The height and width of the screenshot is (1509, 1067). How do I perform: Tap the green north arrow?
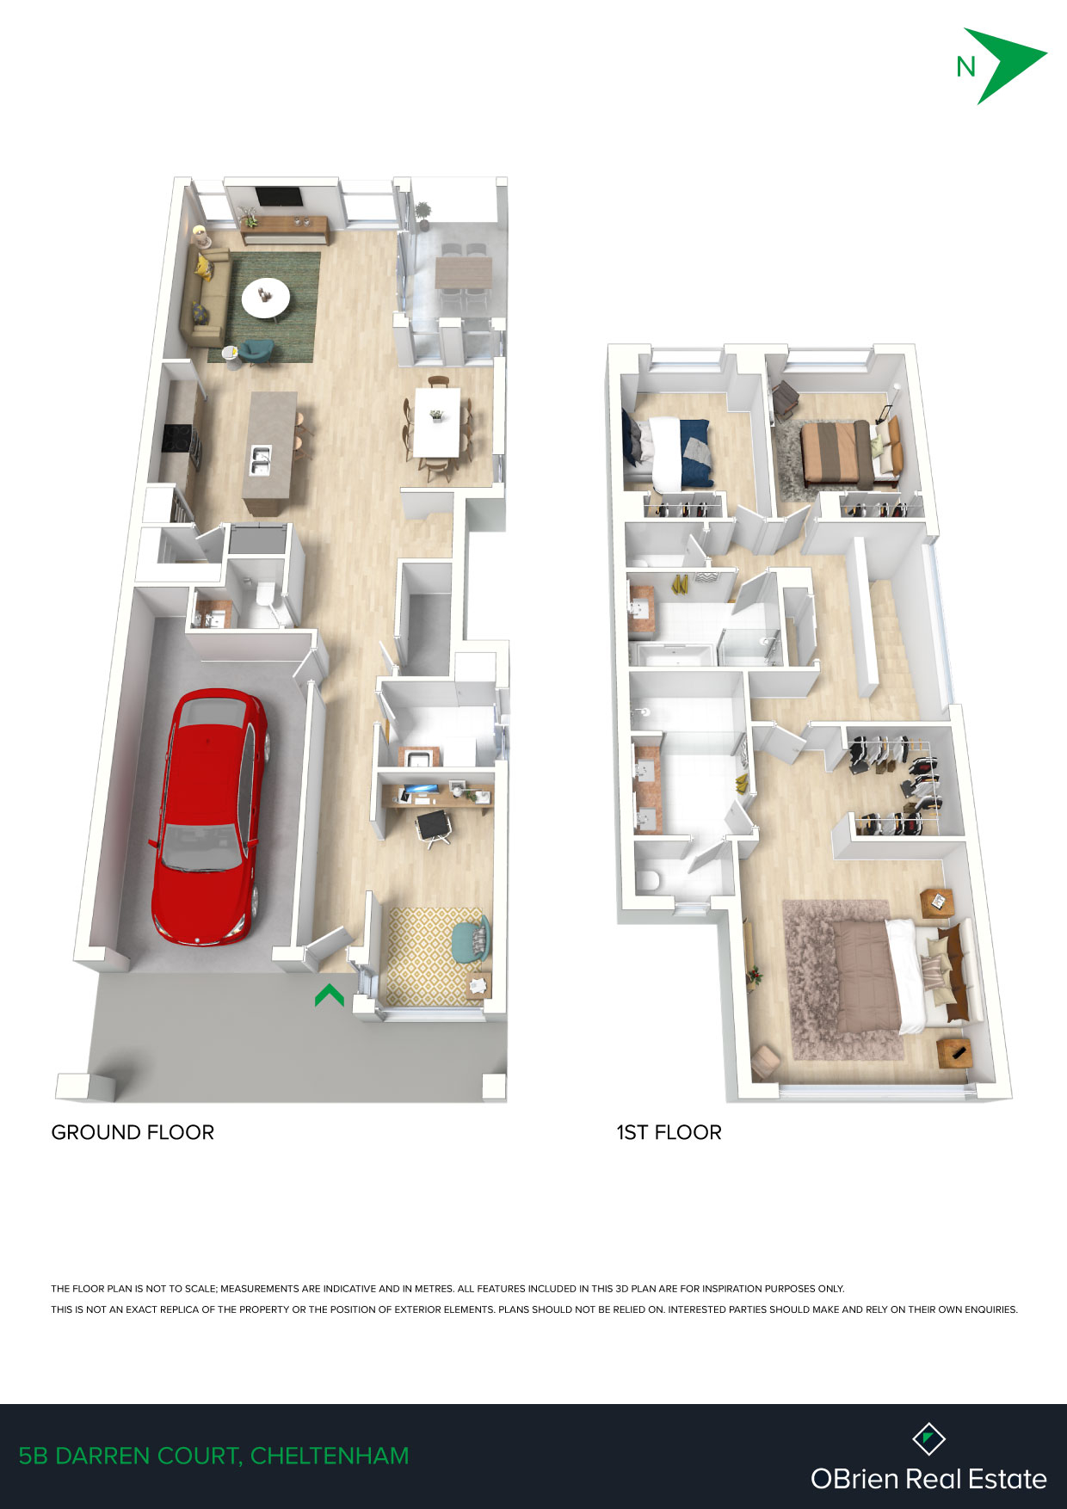(1002, 65)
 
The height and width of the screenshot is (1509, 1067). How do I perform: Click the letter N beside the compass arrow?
(965, 67)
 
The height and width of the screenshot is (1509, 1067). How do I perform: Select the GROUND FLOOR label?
(133, 1132)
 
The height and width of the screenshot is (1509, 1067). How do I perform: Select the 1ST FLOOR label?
(669, 1132)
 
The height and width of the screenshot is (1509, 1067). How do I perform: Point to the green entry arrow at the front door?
(330, 995)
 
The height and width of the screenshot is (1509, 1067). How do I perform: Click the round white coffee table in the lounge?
(266, 298)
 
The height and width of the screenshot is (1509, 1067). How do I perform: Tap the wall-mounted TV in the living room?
(280, 196)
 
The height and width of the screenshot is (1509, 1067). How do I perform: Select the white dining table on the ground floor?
(437, 422)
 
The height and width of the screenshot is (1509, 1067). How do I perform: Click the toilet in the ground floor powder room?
(265, 594)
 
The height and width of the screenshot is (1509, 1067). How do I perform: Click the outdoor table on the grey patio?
(464, 273)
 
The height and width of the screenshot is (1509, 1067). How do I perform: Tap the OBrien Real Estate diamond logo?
(928, 1438)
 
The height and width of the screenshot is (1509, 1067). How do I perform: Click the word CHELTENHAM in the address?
(330, 1456)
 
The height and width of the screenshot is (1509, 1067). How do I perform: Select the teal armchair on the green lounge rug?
(256, 351)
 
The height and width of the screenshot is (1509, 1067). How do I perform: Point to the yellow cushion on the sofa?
(204, 267)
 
